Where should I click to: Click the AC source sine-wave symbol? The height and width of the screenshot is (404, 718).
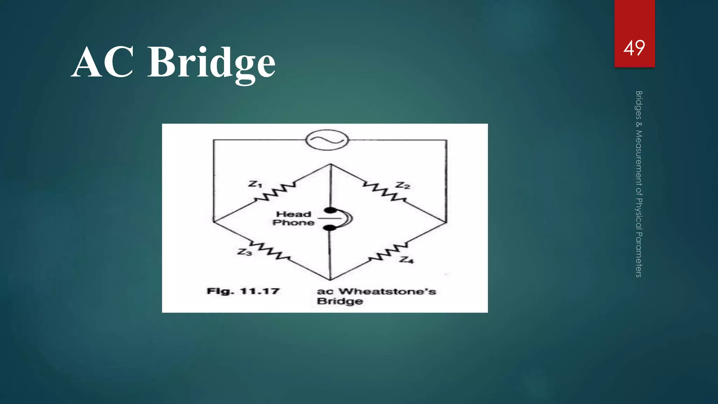click(327, 140)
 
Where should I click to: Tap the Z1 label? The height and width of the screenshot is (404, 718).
click(255, 184)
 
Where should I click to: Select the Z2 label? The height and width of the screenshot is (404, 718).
click(402, 186)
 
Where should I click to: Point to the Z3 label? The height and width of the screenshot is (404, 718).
click(244, 252)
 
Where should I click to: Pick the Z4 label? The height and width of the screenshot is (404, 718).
click(407, 260)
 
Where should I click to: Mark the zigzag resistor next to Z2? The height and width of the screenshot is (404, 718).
click(384, 191)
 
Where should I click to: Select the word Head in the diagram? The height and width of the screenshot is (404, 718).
click(293, 214)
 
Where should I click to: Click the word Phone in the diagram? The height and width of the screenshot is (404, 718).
click(293, 223)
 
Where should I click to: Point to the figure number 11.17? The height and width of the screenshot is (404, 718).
click(260, 291)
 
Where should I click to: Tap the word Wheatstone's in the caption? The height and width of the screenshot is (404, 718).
click(387, 291)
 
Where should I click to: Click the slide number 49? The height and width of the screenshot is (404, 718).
click(634, 48)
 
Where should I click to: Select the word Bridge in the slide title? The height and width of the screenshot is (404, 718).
click(211, 63)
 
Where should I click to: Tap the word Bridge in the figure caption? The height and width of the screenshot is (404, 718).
click(340, 301)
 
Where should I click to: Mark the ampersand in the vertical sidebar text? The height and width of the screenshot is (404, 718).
click(639, 124)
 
